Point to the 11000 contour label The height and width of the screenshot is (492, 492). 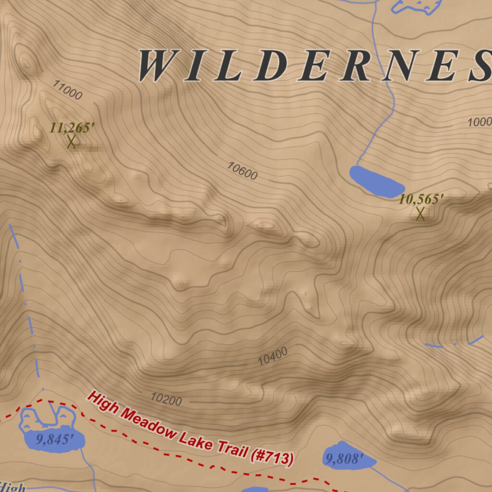click(68, 90)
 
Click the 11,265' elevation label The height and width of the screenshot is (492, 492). click(72, 128)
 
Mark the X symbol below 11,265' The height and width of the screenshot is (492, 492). click(71, 142)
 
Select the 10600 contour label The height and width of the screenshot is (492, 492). click(243, 171)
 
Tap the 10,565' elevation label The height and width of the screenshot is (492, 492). click(421, 199)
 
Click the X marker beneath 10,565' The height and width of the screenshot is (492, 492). click(420, 214)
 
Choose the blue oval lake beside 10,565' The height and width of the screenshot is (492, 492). click(376, 182)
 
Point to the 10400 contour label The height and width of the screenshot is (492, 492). click(273, 357)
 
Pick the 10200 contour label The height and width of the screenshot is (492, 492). click(166, 399)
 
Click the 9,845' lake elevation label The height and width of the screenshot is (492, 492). click(56, 439)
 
